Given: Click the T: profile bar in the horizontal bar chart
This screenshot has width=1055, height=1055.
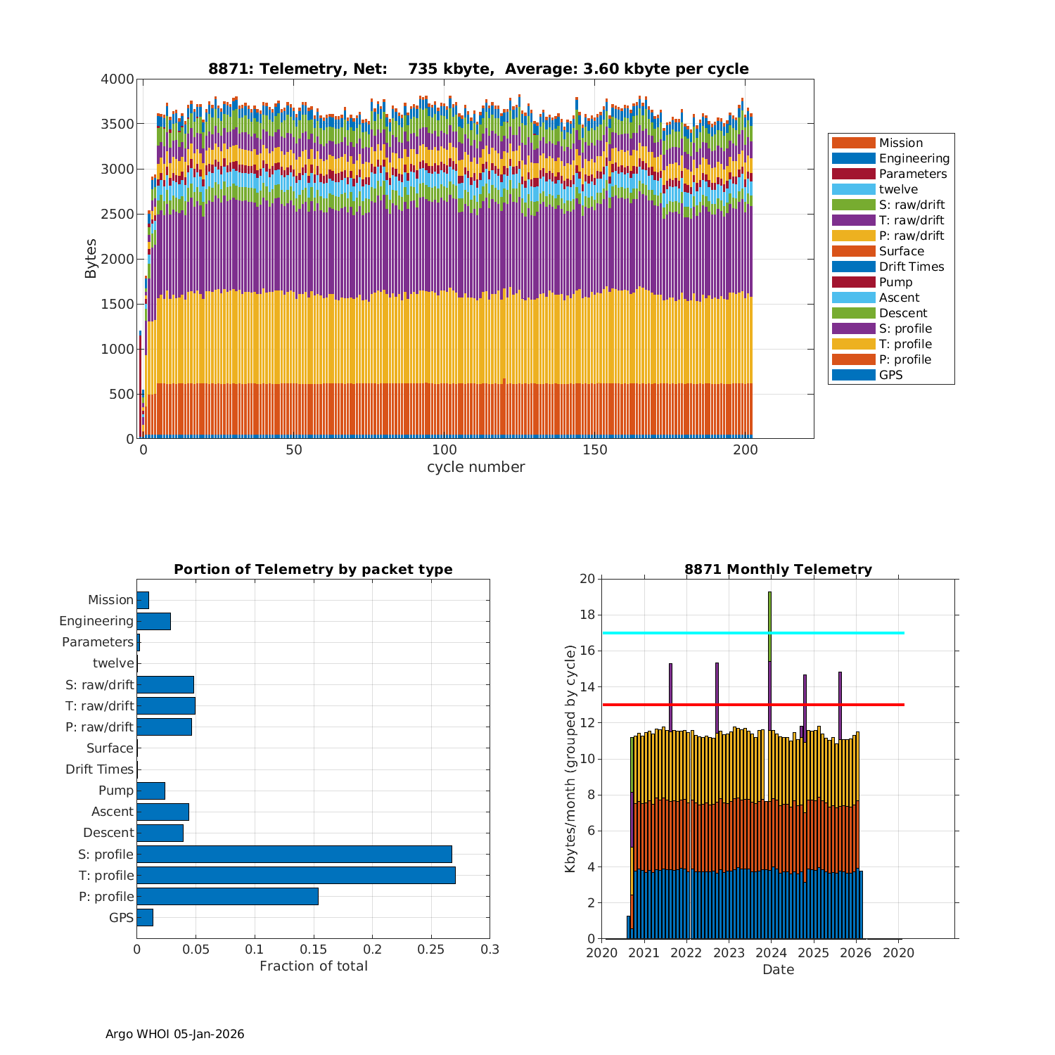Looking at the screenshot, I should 295,875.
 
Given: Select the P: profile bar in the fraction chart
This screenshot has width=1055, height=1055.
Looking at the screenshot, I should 227,896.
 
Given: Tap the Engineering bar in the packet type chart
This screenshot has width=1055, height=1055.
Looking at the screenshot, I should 153,621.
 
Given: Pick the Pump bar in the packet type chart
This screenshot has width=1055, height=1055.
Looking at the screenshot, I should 151,791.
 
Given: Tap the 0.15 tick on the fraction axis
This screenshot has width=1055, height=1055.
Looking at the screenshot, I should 255,949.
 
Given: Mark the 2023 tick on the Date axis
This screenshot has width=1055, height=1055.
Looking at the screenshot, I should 729,953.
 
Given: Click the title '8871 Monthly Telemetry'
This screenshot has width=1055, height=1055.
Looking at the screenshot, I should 778,570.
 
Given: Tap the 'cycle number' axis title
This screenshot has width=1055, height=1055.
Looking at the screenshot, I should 475,467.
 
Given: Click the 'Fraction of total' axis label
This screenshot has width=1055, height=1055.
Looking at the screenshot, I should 313,966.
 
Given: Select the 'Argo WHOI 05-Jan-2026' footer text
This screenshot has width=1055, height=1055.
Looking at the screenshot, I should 174,1034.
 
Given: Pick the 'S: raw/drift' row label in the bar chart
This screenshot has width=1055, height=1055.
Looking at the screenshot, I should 99,685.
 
